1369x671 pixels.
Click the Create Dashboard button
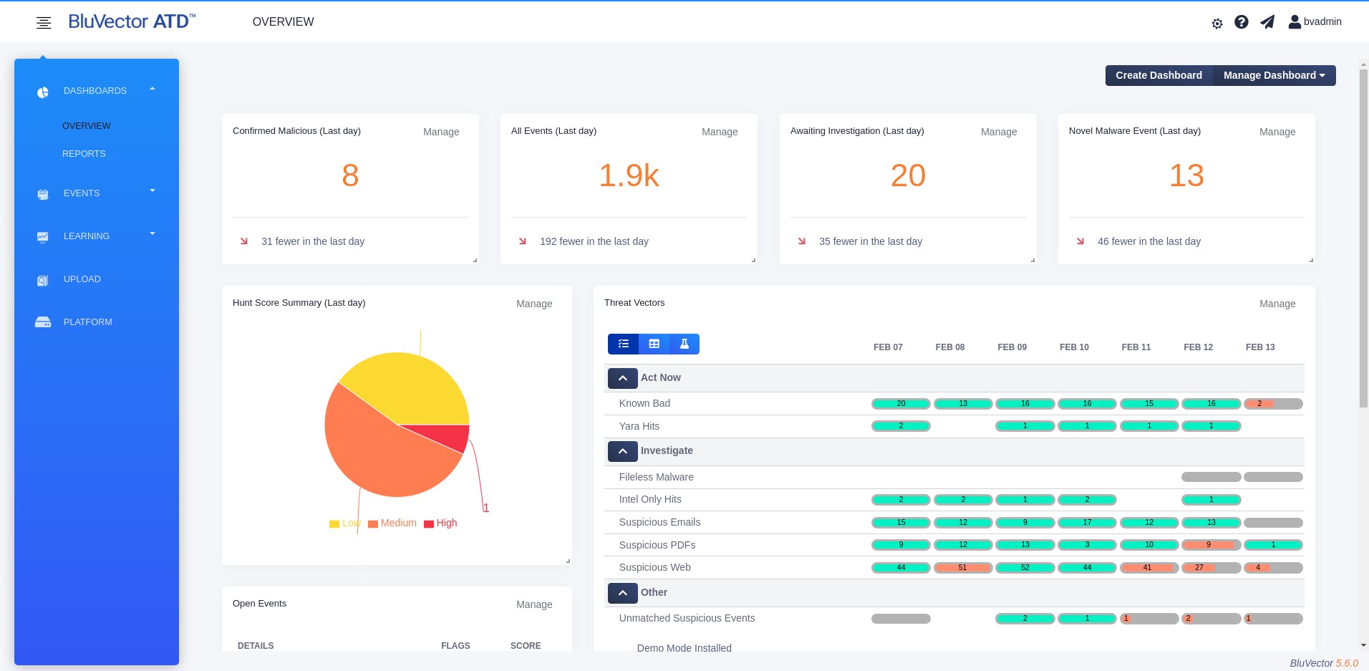coord(1158,75)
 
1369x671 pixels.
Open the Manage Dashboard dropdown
coord(1274,75)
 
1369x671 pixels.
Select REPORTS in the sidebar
coord(84,154)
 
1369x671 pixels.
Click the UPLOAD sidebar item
coord(82,279)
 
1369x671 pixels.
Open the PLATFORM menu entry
coord(87,322)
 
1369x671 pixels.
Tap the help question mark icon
coord(1242,22)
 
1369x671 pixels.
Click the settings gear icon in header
coord(1217,24)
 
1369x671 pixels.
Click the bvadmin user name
coord(1322,21)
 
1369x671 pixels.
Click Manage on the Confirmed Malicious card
coord(441,132)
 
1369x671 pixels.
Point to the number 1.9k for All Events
coord(629,175)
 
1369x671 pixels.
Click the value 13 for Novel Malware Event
coord(1186,175)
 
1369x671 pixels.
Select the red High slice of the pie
coord(448,435)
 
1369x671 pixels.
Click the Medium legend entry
coord(392,523)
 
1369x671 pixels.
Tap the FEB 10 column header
coord(1074,347)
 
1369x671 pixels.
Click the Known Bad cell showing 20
coord(901,404)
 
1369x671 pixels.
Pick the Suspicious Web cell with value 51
coord(963,568)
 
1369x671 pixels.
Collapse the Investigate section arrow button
coord(623,451)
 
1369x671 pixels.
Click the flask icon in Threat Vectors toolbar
coord(684,344)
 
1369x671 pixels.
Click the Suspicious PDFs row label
coord(657,545)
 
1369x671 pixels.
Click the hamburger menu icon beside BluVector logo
coord(44,23)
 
